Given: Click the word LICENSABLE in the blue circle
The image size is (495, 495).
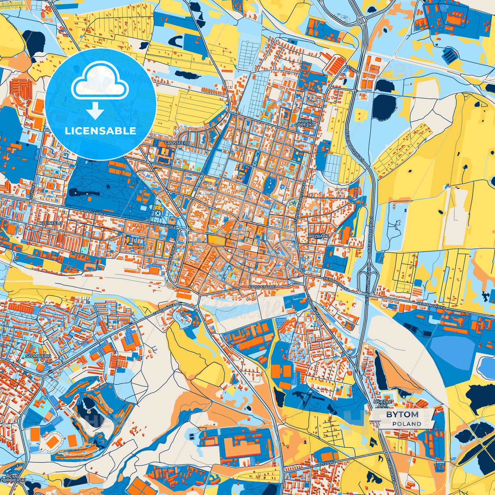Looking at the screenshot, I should (100, 131).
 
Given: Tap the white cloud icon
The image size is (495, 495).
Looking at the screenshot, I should (100, 84).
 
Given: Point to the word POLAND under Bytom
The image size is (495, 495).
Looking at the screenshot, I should (407, 424).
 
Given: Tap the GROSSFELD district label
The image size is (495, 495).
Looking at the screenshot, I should (177, 143).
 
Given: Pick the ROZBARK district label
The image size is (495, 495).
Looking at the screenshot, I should (318, 236).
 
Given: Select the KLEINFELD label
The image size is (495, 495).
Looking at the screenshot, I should (51, 223).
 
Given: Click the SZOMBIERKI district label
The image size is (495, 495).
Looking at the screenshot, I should (38, 356).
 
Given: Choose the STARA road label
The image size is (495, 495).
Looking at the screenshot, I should (352, 68).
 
